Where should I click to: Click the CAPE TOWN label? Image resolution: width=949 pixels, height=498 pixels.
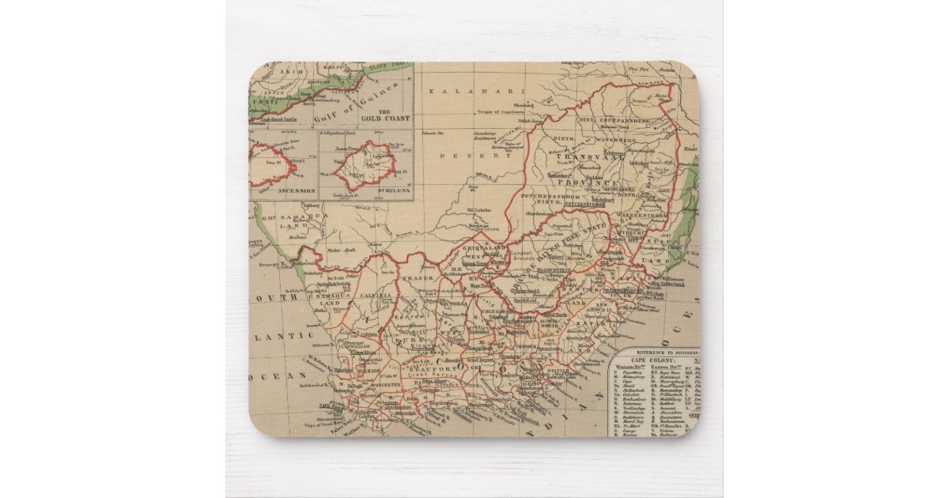[x=329, y=406]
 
